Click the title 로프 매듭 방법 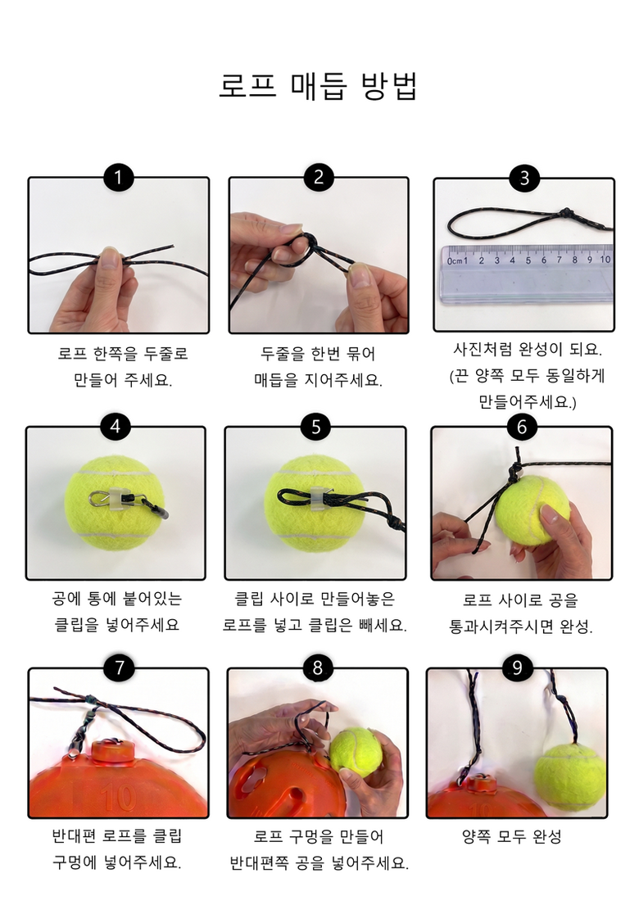(x=318, y=87)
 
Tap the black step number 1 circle (x=118, y=177)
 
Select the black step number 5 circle (x=315, y=427)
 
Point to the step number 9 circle (x=517, y=667)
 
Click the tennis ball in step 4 (x=115, y=504)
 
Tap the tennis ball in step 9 (x=569, y=777)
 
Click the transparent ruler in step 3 (x=528, y=274)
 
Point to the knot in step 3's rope (x=567, y=214)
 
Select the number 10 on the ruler (x=605, y=260)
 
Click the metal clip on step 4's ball (x=105, y=497)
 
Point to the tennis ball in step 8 (x=356, y=753)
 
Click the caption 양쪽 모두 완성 (x=511, y=836)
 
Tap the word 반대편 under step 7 (x=74, y=835)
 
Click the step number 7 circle (x=120, y=667)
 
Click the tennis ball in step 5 (x=314, y=504)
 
